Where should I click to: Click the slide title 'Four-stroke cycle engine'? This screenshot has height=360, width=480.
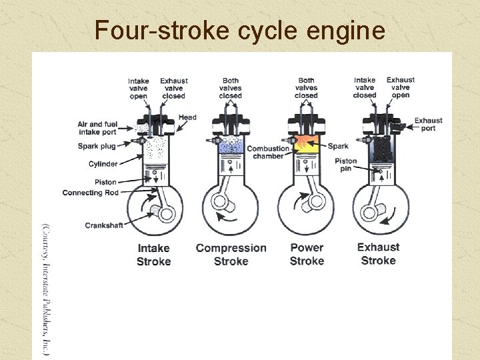click(x=240, y=30)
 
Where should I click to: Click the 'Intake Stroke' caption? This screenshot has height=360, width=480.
click(x=153, y=255)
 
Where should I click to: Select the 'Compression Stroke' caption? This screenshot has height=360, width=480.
click(x=231, y=255)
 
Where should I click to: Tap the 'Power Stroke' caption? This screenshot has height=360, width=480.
click(x=307, y=254)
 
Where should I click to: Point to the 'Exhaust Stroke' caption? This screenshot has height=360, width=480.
click(x=378, y=253)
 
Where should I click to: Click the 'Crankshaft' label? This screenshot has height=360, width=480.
click(x=104, y=225)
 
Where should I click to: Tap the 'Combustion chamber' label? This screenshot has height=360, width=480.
click(x=268, y=152)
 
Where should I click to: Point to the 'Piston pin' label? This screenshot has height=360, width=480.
click(x=345, y=165)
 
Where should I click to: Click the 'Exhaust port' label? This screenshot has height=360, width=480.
click(x=428, y=124)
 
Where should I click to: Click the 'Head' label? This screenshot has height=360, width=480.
click(x=188, y=117)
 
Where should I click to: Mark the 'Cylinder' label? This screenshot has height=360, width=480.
click(x=103, y=164)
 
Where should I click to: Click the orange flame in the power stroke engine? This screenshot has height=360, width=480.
click(x=307, y=142)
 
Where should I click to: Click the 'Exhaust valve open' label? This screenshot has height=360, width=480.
click(x=401, y=87)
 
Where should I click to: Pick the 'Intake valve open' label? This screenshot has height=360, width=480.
click(x=138, y=89)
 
